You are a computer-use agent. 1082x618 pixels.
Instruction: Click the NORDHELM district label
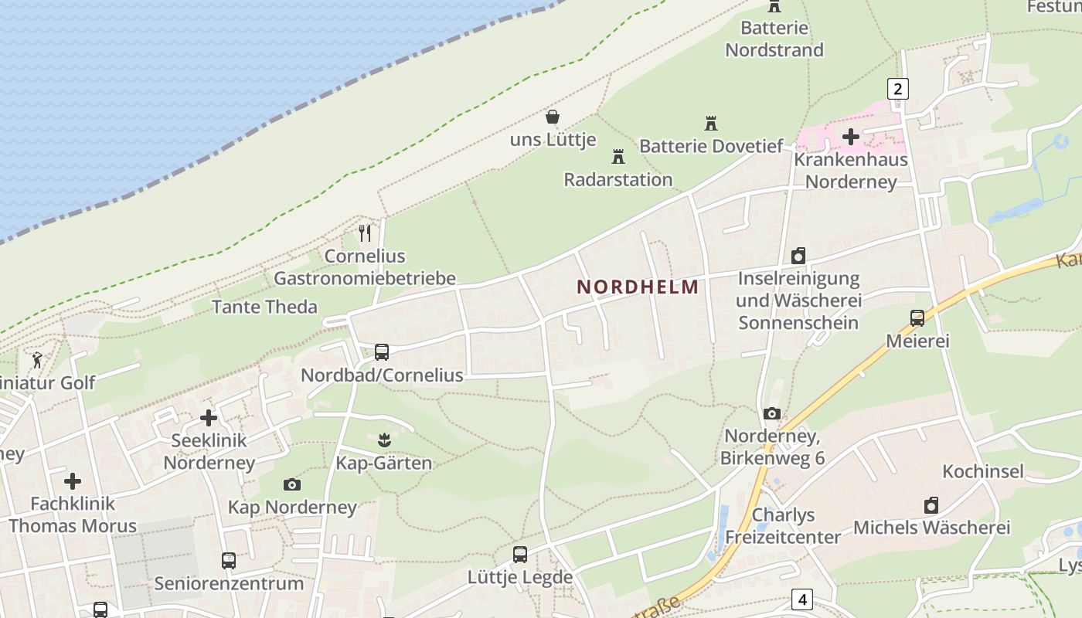tap(638, 287)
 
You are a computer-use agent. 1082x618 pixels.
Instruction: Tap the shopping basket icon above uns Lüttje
tap(553, 117)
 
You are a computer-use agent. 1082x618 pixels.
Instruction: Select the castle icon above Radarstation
tap(618, 157)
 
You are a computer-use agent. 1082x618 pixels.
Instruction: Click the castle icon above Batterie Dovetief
tap(711, 123)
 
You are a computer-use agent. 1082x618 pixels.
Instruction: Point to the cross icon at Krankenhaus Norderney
tap(851, 137)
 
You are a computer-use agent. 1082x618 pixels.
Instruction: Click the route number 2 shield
tap(897, 89)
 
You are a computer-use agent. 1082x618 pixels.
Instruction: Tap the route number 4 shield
tap(803, 599)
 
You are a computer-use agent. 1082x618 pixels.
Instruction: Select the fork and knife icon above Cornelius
tap(366, 233)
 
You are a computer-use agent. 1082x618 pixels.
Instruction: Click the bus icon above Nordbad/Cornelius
tap(382, 352)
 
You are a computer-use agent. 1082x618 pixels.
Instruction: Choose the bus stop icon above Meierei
tap(917, 317)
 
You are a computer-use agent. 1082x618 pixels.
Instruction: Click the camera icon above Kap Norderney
tap(292, 484)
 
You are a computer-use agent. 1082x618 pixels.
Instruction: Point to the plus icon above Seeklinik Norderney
tap(209, 418)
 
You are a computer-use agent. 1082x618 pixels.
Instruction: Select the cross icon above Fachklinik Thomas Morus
tap(73, 481)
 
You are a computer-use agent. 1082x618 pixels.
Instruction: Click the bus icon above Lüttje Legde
tap(520, 554)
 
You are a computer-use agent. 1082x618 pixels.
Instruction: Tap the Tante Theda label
tap(264, 307)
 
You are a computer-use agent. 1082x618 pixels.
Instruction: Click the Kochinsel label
tap(983, 471)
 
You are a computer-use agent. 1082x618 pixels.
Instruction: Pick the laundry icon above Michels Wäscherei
tap(931, 505)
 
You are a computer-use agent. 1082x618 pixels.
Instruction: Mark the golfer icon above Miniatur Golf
tap(37, 359)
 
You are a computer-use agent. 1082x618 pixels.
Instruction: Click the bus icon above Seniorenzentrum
tap(229, 560)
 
